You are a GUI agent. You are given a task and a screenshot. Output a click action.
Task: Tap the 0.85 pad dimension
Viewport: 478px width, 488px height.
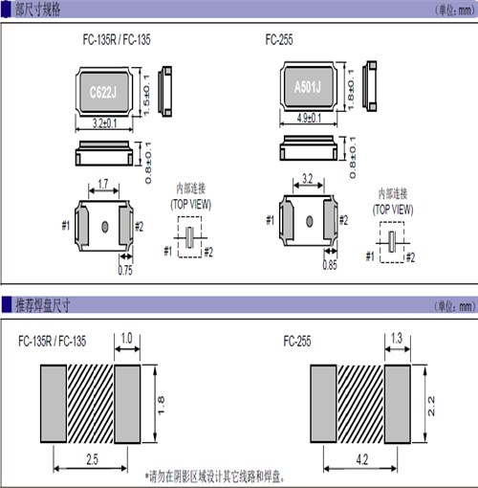[x=329, y=265]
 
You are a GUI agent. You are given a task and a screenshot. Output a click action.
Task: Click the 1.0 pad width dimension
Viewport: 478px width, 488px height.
[x=128, y=337]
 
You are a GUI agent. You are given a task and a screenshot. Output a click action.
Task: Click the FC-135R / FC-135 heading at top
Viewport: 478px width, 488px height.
[x=117, y=41]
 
